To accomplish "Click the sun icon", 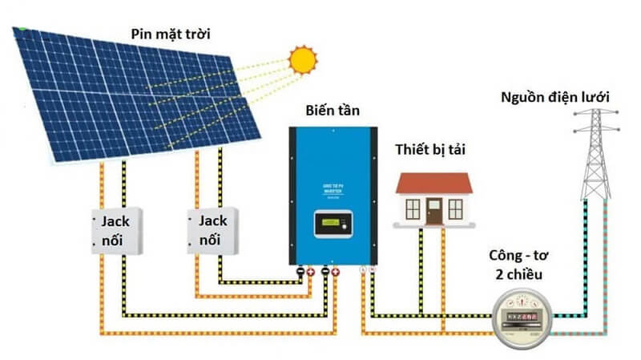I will tap(303, 59).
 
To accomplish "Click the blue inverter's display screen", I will tap(332, 221).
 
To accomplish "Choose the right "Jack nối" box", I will tap(213, 230).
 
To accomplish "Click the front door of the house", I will tap(433, 212).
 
